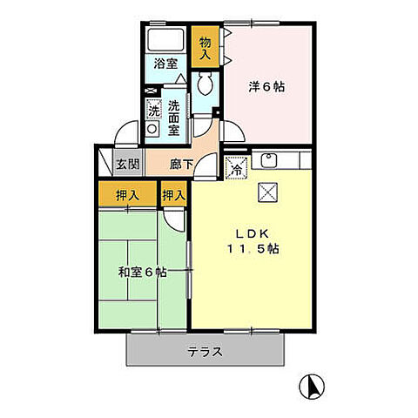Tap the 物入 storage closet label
206,48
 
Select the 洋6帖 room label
266,87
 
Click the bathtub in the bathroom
165,40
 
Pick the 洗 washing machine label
153,111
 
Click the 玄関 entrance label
127,164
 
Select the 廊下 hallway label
181,164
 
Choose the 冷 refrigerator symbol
236,169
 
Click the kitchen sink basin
268,161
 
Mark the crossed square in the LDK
266,193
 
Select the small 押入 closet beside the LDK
173,196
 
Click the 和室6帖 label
144,271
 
